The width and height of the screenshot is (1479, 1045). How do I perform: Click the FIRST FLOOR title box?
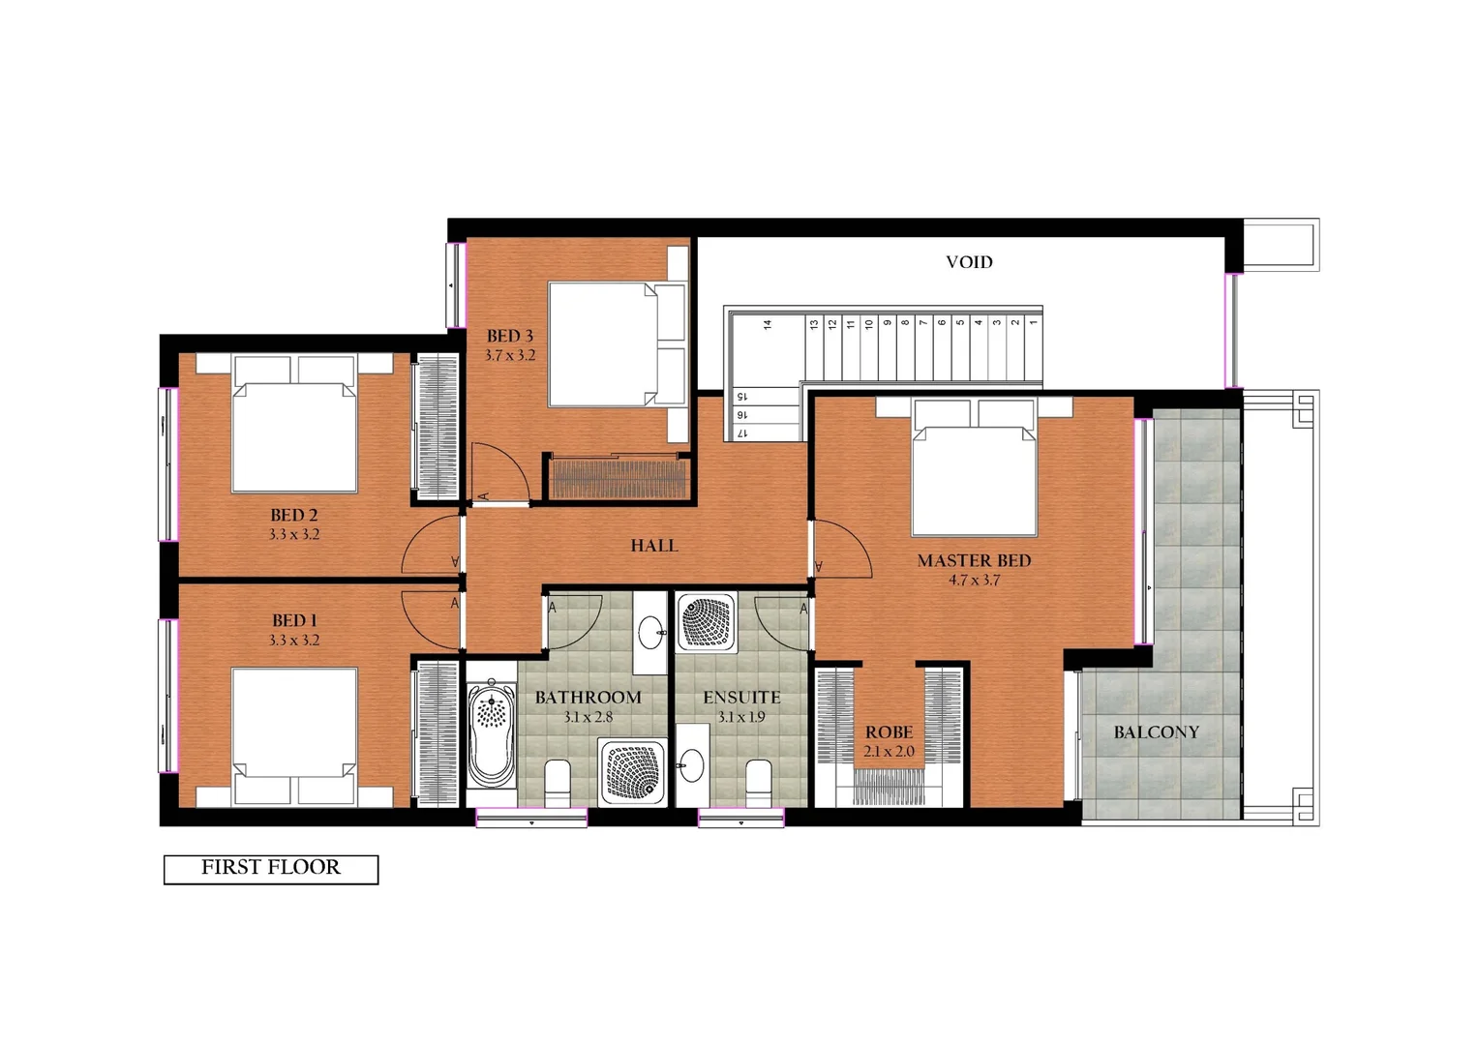coord(271,868)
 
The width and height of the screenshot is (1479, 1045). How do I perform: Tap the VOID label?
coord(969,262)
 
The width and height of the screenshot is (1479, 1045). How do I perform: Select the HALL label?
coord(654,546)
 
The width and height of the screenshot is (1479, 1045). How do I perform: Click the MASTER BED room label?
coord(974,561)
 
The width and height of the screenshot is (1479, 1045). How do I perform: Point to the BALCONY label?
coord(1156,732)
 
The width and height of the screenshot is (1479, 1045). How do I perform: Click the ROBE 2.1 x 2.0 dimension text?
coord(889,752)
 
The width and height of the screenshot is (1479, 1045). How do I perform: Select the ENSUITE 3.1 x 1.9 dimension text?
coord(741,718)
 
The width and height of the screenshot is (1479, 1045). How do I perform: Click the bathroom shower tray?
coord(633,771)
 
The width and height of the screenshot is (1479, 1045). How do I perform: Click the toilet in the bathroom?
coord(558,782)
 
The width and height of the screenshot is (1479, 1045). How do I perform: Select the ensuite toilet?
coord(759,782)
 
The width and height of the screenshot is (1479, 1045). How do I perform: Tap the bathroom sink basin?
coord(651,634)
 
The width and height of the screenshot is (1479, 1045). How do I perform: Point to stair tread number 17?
coord(742,433)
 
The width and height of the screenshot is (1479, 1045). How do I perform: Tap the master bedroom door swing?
coord(841,549)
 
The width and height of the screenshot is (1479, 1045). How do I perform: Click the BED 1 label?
coord(294,621)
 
